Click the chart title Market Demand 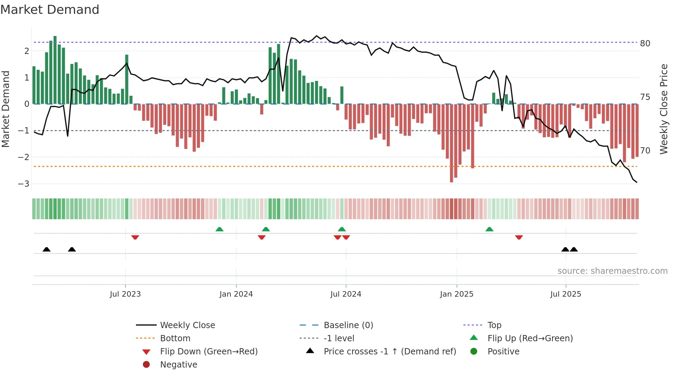[x=50, y=10]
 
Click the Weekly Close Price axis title [x=663, y=109]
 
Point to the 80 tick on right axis [x=645, y=44]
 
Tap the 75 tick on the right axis [x=645, y=97]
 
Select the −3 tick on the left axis [x=24, y=184]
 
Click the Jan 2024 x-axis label [x=236, y=294]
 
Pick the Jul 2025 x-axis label [x=566, y=294]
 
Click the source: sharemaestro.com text [x=612, y=271]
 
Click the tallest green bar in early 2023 [x=55, y=69]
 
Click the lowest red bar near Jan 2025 [x=451, y=143]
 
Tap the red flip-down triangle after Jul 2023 [x=135, y=238]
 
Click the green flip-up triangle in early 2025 [x=489, y=229]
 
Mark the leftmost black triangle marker [x=47, y=249]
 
